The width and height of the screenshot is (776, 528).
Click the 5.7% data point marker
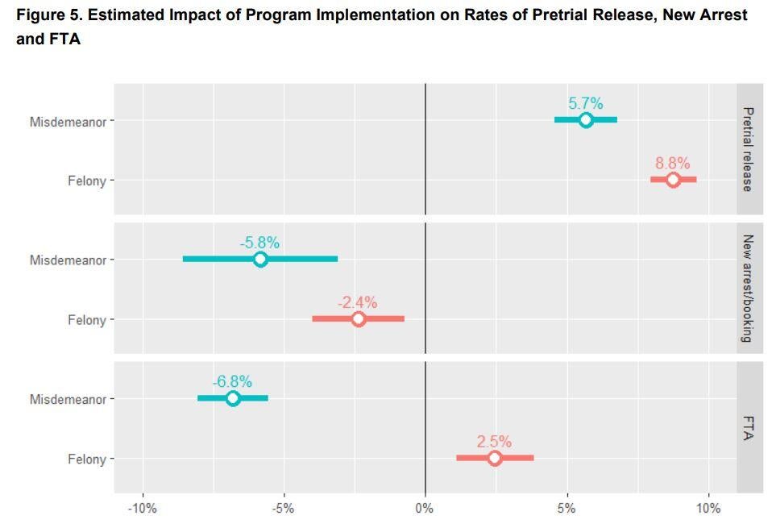point(586,120)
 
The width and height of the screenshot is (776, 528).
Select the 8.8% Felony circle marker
point(673,180)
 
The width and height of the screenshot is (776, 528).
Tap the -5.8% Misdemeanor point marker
point(259,260)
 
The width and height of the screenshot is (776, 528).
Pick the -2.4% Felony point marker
point(358,319)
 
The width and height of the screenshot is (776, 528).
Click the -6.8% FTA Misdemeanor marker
point(233,398)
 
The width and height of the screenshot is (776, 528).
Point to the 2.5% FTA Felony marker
point(495,459)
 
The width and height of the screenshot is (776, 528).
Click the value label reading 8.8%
point(672,163)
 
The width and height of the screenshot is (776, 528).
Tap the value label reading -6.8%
point(232,381)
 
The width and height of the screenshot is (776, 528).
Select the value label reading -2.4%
point(357,302)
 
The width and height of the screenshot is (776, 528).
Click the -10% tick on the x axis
point(143,509)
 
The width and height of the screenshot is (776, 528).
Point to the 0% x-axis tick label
point(425,509)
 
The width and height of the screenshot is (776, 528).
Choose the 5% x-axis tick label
point(566,509)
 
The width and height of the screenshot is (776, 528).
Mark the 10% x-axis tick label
point(708,509)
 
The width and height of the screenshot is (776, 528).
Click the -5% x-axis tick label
point(283,509)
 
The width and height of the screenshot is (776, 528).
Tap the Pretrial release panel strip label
point(748,149)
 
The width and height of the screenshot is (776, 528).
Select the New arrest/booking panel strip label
point(748,289)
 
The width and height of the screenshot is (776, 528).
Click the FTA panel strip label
point(748,428)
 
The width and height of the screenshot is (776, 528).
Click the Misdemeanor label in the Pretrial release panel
point(68,122)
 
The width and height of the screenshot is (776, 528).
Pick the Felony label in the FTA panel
point(86,459)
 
